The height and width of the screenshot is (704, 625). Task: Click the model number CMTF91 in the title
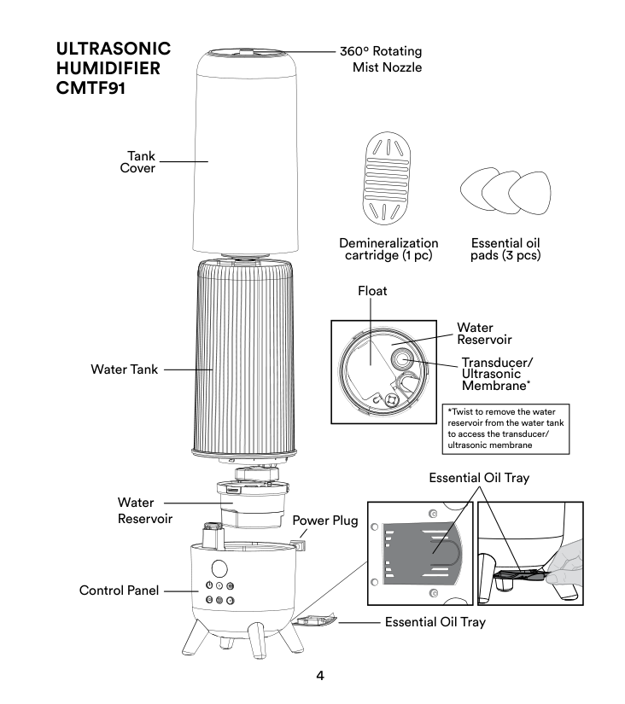click(87, 87)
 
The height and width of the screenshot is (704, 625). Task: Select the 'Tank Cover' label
click(137, 160)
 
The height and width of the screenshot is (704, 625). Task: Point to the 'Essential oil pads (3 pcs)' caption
click(506, 249)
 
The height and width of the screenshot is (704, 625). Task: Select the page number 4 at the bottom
click(320, 676)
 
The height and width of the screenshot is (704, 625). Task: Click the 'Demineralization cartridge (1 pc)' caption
click(388, 249)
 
